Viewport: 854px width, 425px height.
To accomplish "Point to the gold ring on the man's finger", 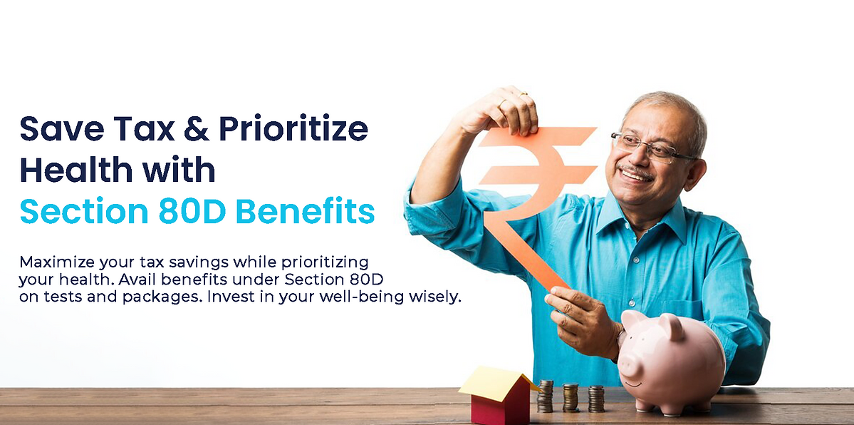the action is coord(504,102).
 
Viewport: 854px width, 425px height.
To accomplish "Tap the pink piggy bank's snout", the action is coord(630,364).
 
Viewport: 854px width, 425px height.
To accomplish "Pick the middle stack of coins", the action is coord(571,398).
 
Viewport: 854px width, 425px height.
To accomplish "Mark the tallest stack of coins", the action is coord(545,396).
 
